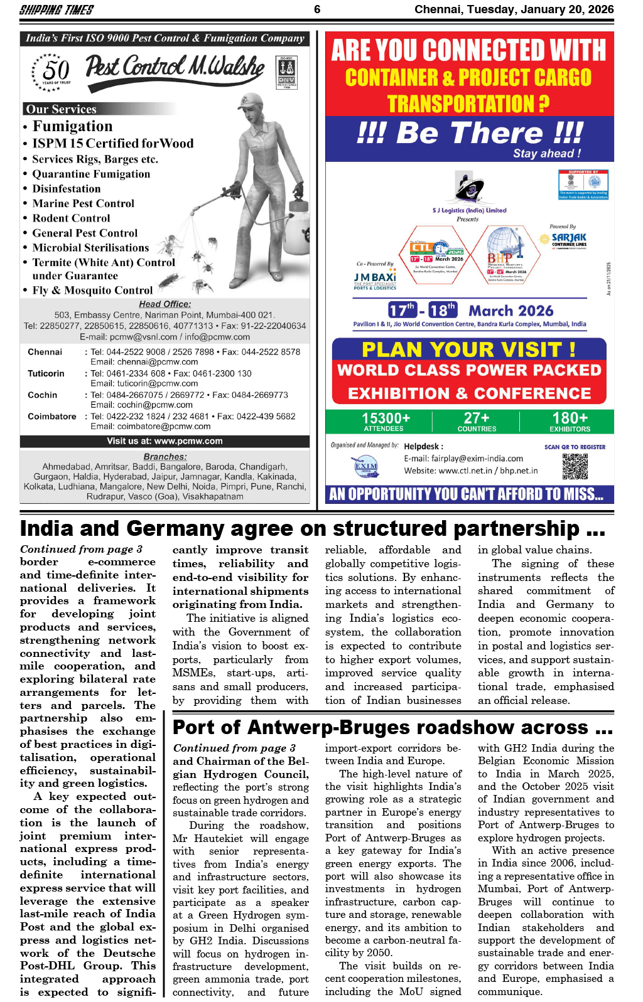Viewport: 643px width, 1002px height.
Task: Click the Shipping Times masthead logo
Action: tap(57, 9)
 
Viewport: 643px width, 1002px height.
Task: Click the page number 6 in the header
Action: tap(317, 9)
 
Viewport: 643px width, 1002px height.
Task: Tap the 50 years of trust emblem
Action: tap(53, 72)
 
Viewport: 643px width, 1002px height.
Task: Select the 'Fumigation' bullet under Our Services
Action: tap(72, 126)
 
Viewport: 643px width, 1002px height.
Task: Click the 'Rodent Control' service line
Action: tap(71, 218)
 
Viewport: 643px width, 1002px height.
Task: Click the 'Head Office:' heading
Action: tap(165, 304)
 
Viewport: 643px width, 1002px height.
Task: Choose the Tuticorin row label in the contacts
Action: tap(46, 373)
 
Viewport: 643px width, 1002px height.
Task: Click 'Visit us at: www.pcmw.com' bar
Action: tap(165, 441)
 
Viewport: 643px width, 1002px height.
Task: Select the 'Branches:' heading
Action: tap(165, 457)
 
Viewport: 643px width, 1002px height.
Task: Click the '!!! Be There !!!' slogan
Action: tap(470, 133)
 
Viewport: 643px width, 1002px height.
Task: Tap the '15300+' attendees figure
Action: tap(386, 418)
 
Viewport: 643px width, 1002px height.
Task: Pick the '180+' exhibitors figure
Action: tap(570, 418)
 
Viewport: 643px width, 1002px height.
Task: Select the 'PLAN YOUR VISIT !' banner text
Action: tap(469, 349)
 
